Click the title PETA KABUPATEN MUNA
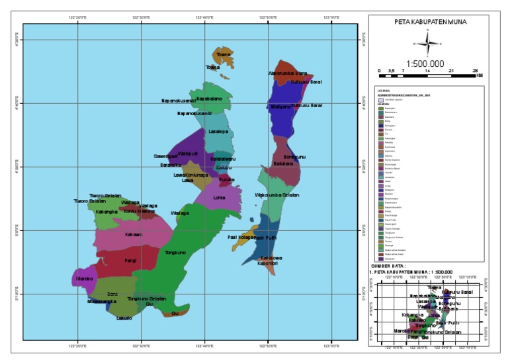pos(430,21)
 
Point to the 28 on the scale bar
pos(476,69)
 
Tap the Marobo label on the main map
pos(84,279)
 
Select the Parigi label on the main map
pos(130,261)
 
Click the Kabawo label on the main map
pos(134,234)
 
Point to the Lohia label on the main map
pos(220,197)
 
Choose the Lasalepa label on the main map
pos(218,132)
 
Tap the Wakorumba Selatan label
pos(277,195)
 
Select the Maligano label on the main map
pos(281,107)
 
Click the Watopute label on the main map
pos(189,153)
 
